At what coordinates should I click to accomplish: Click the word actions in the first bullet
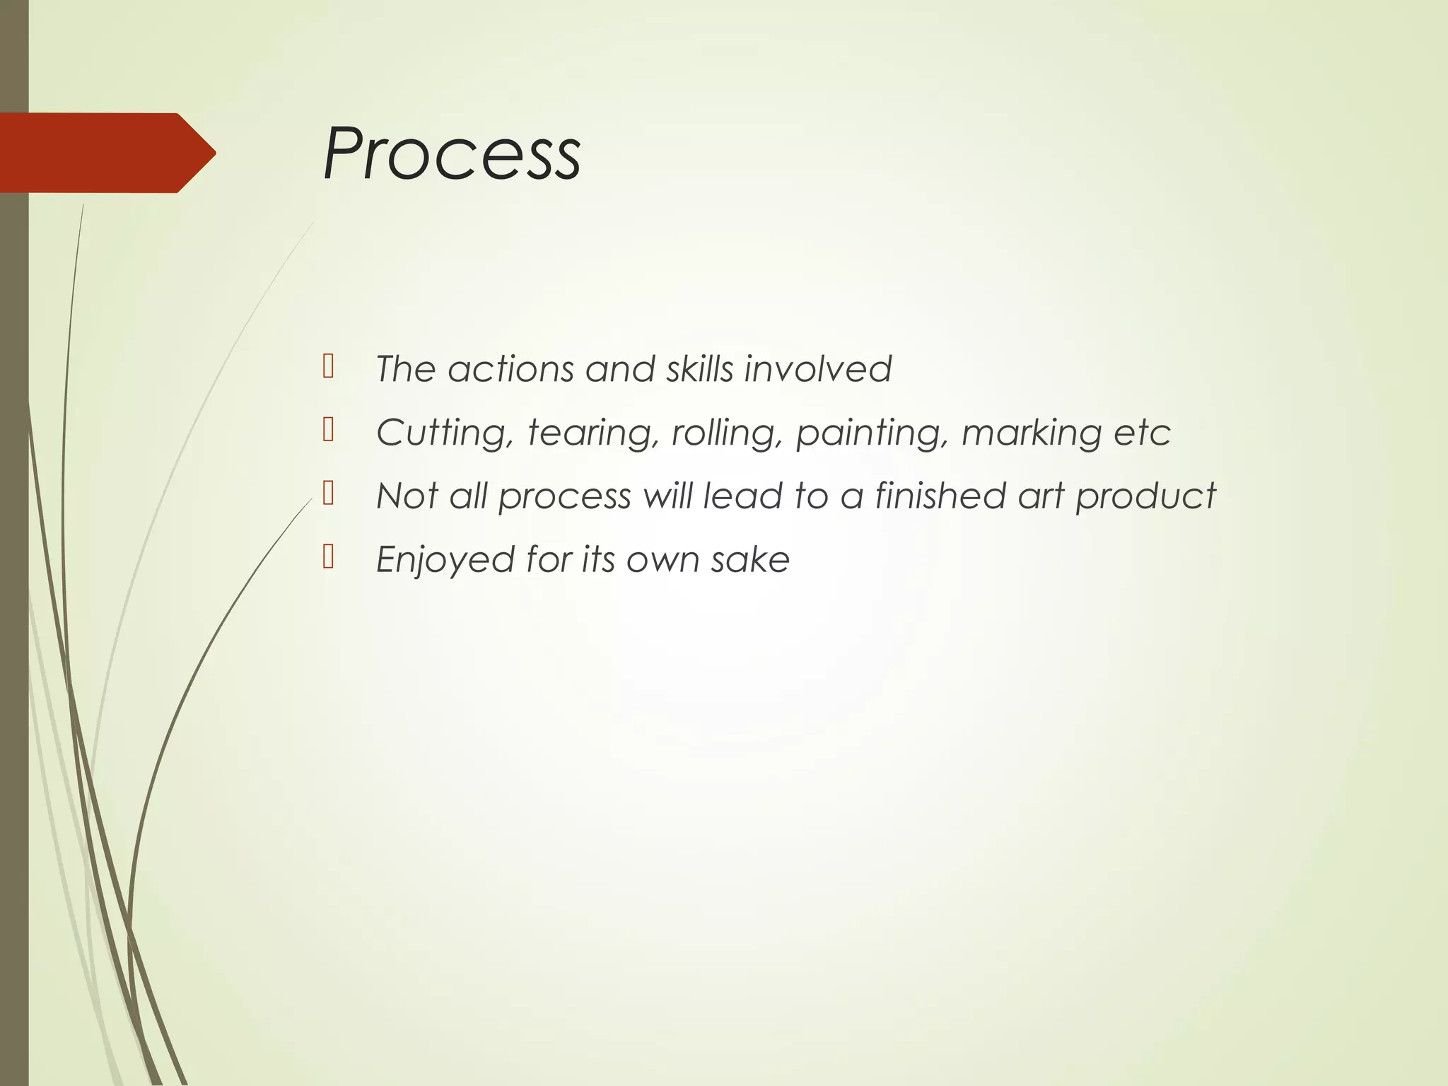510,369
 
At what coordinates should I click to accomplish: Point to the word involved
817,369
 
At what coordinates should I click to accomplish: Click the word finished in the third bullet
940,496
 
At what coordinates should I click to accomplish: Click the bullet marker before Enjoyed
328,557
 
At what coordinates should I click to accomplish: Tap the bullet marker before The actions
328,366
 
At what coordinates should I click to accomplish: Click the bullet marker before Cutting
328,430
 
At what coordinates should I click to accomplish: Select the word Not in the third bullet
407,496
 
